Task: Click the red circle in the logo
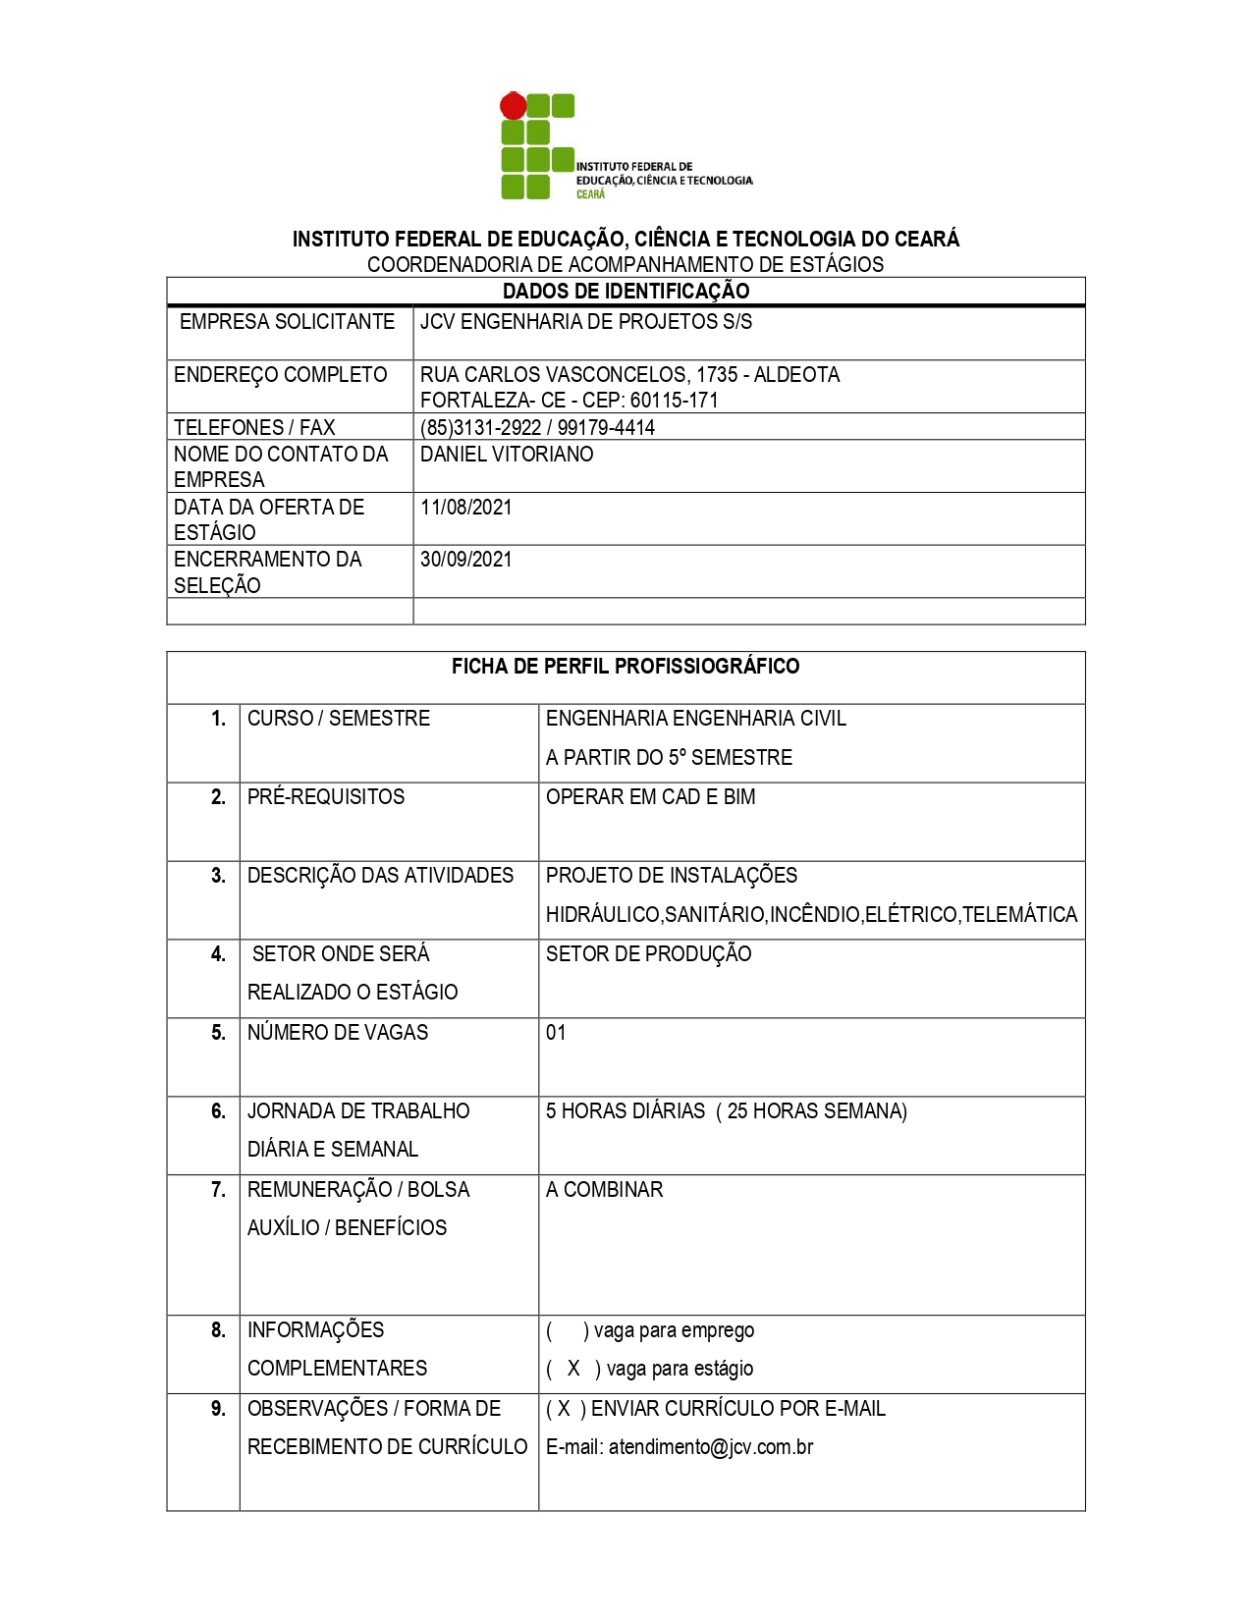tap(513, 106)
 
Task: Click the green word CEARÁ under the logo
tap(590, 194)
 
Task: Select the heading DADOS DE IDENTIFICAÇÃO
tap(626, 291)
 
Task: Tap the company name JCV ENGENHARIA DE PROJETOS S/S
tap(585, 322)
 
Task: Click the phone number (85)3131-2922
tap(480, 427)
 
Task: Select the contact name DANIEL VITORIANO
tap(507, 455)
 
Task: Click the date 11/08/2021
tap(465, 508)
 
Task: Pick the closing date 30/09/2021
tap(465, 560)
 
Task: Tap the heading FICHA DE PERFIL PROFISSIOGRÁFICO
tap(625, 667)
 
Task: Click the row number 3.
tap(218, 876)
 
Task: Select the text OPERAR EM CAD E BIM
tap(650, 797)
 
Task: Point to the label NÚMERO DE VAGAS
tap(338, 1033)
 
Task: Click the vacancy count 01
tap(556, 1033)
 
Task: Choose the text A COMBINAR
tap(604, 1190)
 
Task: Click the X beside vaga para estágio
tap(573, 1369)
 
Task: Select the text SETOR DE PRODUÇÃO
tap(648, 954)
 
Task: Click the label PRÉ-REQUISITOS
tap(325, 797)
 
